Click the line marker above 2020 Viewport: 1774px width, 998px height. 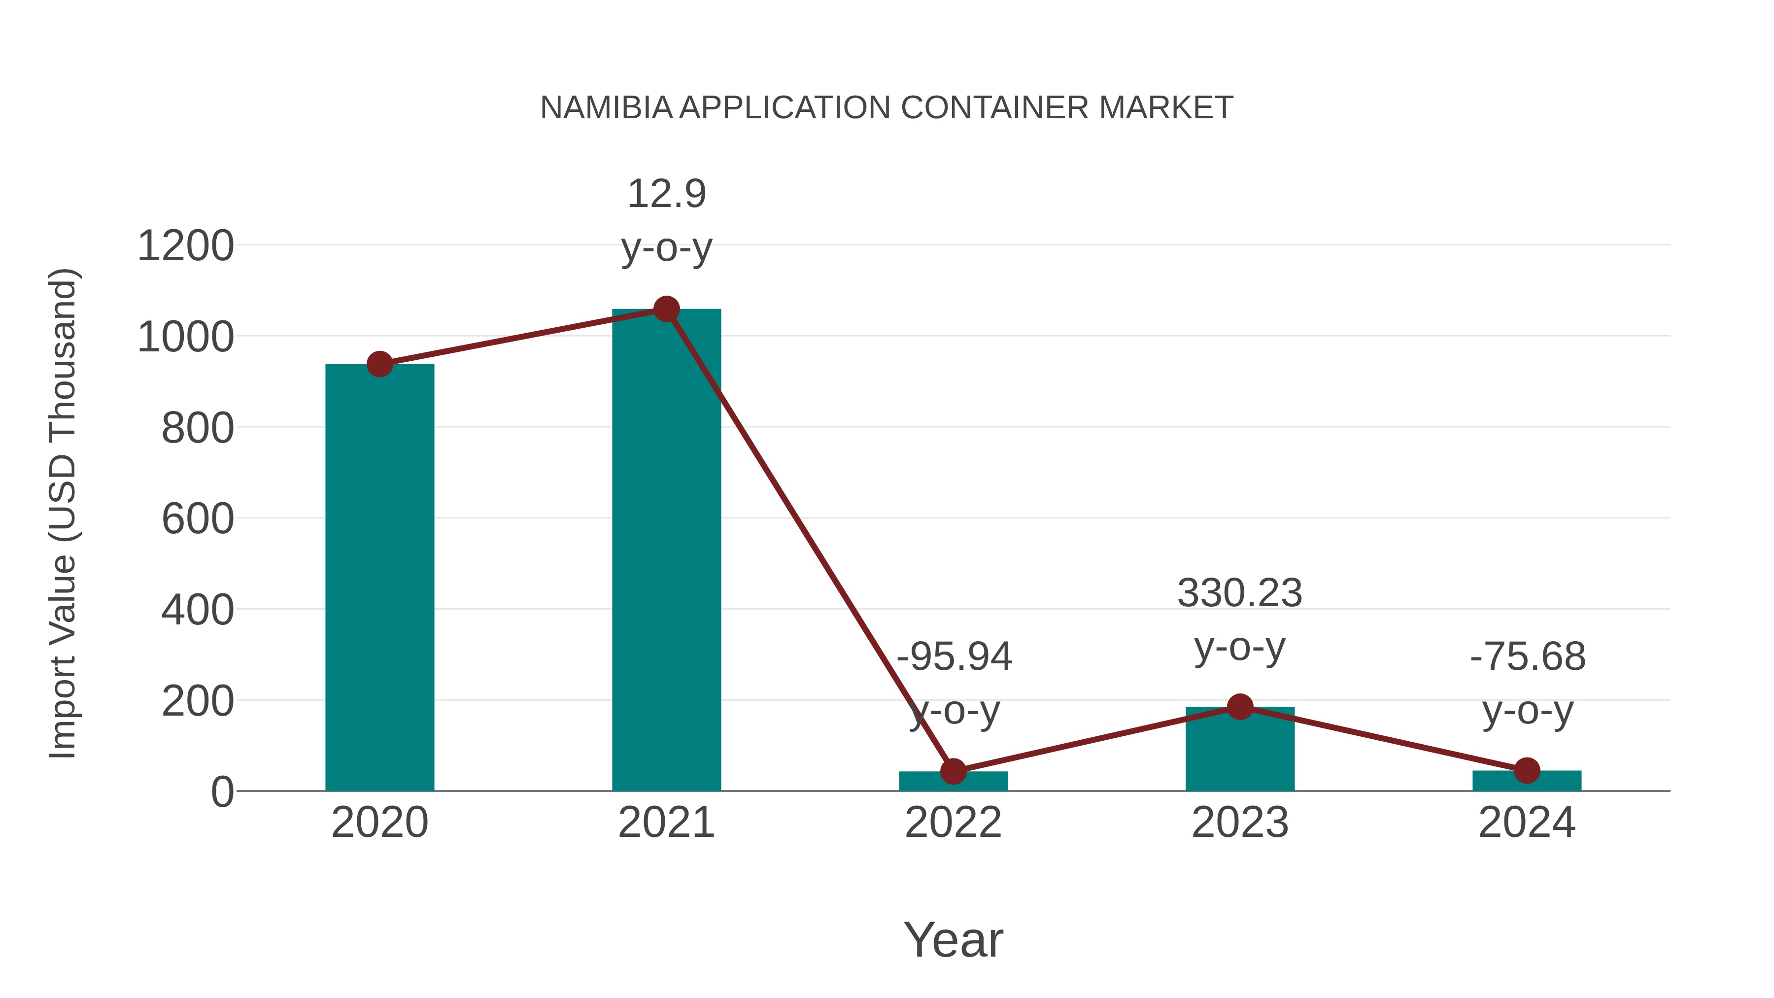pyautogui.click(x=379, y=364)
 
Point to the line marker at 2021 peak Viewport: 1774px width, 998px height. pyautogui.click(x=666, y=309)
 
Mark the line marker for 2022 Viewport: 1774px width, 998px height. pyautogui.click(x=953, y=771)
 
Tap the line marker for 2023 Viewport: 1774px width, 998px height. pyautogui.click(x=1240, y=707)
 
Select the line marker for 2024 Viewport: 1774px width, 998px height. pyautogui.click(x=1527, y=771)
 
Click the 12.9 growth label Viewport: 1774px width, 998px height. pyautogui.click(x=666, y=194)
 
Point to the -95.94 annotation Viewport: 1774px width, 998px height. pyautogui.click(x=954, y=656)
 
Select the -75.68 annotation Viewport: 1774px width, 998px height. pyautogui.click(x=1528, y=656)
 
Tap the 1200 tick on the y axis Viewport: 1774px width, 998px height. pyautogui.click(x=185, y=246)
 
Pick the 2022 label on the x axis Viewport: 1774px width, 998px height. pyautogui.click(x=953, y=823)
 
